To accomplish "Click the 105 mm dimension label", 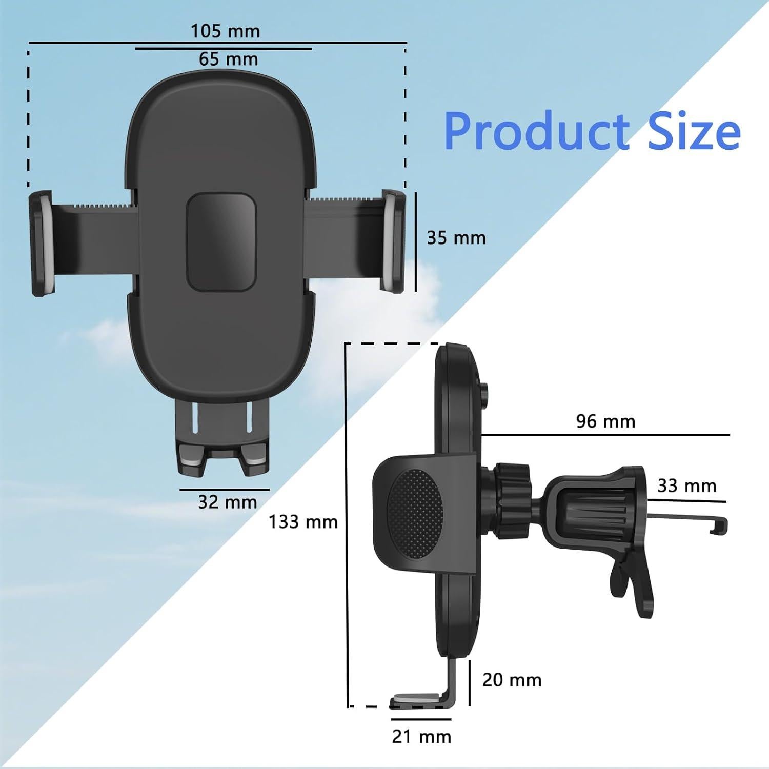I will (226, 31).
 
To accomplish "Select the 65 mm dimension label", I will (228, 59).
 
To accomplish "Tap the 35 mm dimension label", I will (456, 238).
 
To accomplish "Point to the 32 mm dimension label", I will (227, 502).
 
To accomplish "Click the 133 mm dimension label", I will (303, 522).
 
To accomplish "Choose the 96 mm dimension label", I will (605, 421).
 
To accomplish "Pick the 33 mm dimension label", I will (686, 485).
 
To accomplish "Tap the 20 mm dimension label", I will (512, 680).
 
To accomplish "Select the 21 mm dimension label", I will (421, 737).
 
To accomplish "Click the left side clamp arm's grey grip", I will (44, 244).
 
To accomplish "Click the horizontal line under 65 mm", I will (224, 49).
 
